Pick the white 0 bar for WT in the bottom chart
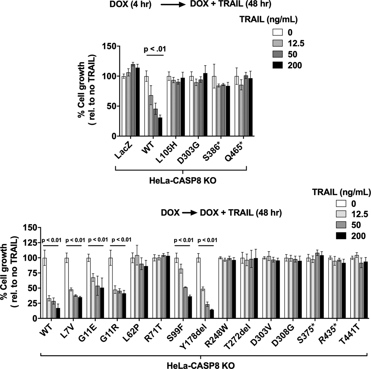(x=44, y=288)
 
